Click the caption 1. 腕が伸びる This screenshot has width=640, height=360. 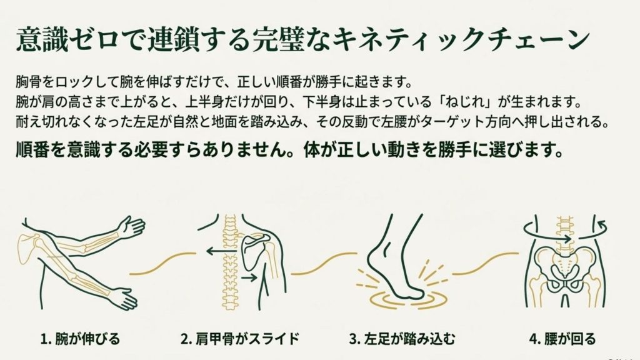tap(79, 339)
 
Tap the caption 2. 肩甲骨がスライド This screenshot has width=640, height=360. tap(239, 339)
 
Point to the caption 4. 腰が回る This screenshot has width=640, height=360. tap(562, 339)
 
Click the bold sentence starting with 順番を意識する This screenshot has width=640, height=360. tap(287, 151)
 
